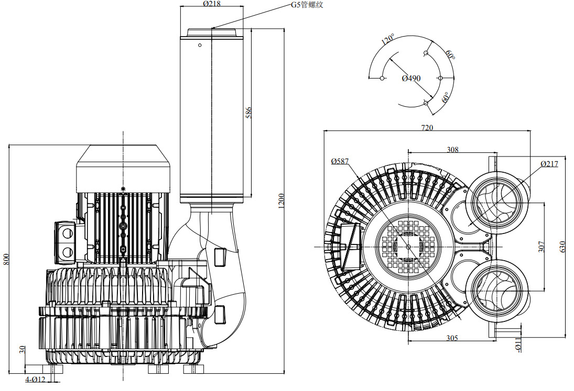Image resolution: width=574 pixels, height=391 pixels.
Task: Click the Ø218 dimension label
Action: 212,4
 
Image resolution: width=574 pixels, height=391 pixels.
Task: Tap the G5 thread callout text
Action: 307,5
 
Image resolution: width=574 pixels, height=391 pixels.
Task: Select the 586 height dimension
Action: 248,112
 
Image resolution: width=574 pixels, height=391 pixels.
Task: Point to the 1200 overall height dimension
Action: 281,201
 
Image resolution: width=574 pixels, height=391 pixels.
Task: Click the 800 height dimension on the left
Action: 5,259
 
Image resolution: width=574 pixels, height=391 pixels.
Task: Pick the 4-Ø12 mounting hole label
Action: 36,379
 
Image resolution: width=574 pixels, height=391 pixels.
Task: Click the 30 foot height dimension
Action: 23,349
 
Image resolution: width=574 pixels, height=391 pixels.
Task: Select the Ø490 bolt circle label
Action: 411,78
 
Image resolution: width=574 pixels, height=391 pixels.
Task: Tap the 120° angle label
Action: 388,39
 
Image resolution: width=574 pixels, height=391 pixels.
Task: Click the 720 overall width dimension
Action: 427,128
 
